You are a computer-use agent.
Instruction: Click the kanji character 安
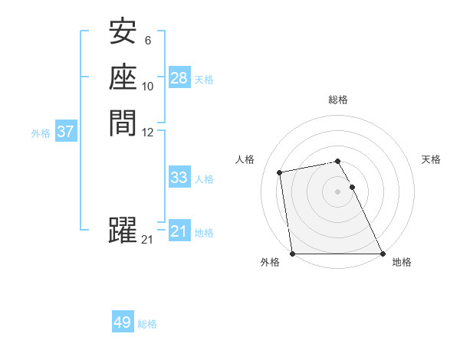coord(123,33)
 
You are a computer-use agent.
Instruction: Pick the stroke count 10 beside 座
coord(147,86)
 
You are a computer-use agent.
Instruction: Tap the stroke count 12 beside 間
coord(147,131)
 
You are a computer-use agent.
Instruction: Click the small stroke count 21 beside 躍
coord(147,240)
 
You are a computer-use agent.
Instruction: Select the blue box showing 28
coord(179,78)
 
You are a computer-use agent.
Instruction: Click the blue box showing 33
coord(179,178)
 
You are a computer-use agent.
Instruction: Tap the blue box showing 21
coord(179,231)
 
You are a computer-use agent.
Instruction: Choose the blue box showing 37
coord(66,132)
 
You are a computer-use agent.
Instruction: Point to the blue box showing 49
coord(123,322)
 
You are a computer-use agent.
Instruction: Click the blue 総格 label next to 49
coord(147,324)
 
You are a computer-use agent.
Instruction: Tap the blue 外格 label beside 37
coord(41,133)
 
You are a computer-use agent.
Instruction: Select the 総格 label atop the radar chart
coord(338,100)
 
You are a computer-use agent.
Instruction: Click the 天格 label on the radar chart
coord(432,159)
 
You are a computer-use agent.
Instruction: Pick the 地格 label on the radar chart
coord(402,262)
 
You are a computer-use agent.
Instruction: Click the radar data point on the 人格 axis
coord(281,172)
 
